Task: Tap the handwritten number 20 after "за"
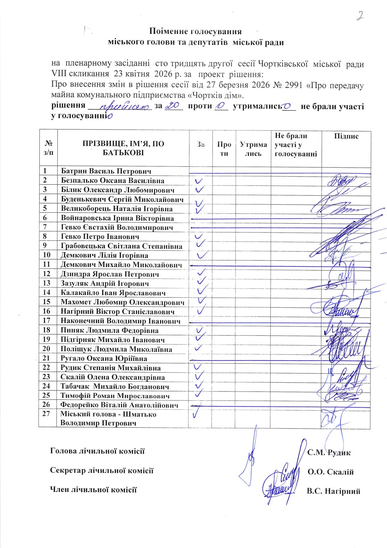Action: pyautogui.click(x=173, y=107)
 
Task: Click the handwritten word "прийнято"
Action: pyautogui.click(x=123, y=107)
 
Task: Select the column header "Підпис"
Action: pyautogui.click(x=346, y=136)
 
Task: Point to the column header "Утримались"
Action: pyautogui.click(x=253, y=149)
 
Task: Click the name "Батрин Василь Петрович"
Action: pyautogui.click(x=106, y=171)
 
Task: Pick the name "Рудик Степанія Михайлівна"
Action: pyautogui.click(x=111, y=368)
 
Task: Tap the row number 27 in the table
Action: pyautogui.click(x=47, y=414)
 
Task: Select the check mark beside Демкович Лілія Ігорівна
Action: pyautogui.click(x=203, y=255)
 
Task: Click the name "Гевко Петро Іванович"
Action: pyautogui.click(x=100, y=237)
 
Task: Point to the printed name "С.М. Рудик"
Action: pyautogui.click(x=329, y=452)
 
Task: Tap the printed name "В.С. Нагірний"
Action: pyautogui.click(x=334, y=491)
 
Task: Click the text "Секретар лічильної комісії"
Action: pyautogui.click(x=102, y=470)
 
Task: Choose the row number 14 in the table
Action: pyautogui.click(x=47, y=292)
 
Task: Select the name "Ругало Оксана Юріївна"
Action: pyautogui.click(x=104, y=359)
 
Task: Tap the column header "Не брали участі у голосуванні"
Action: pyautogui.click(x=296, y=145)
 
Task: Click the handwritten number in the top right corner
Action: pyautogui.click(x=360, y=16)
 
